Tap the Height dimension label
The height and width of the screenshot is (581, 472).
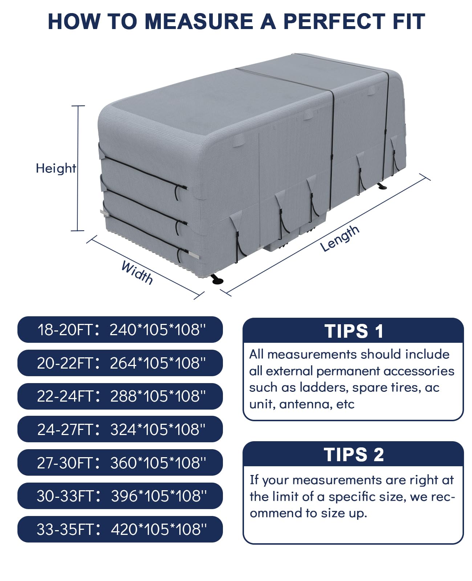pos(56,168)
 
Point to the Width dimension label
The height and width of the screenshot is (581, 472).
pos(137,272)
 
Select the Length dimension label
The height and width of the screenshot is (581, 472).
pos(340,238)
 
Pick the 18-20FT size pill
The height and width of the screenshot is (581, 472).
pos(120,330)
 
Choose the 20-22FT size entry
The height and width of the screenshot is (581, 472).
pos(120,363)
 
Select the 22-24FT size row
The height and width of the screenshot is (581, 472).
pos(120,396)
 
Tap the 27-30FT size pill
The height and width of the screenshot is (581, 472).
pos(120,463)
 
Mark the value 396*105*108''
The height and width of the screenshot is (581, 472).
pos(159,496)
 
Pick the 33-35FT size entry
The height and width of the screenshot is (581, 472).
pos(120,529)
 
